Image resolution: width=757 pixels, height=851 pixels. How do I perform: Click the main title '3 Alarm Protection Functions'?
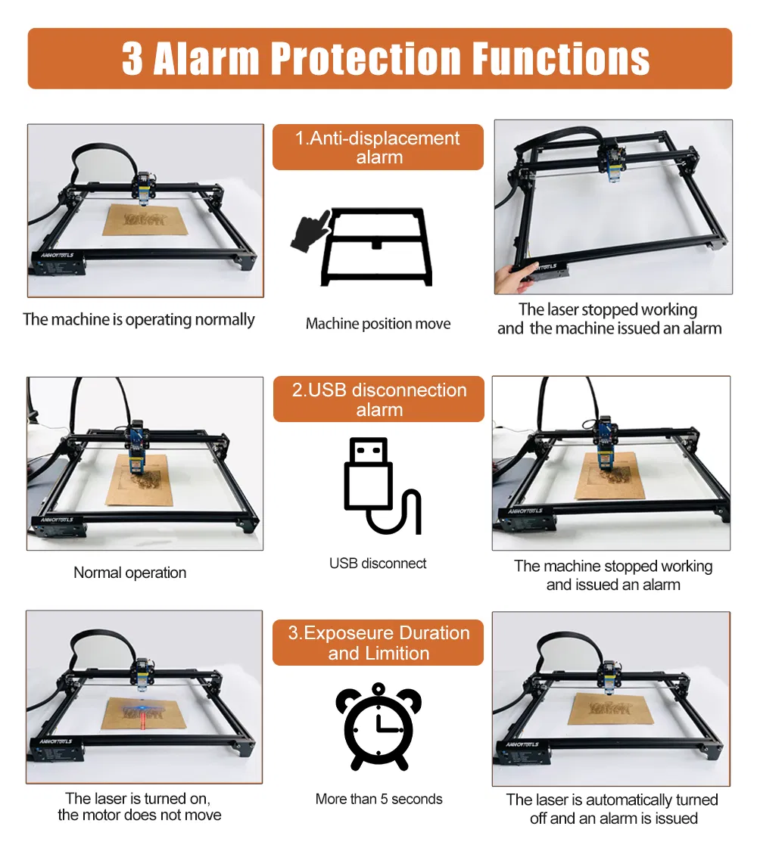click(x=385, y=58)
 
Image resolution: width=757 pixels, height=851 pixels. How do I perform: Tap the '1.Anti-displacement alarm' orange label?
click(x=378, y=147)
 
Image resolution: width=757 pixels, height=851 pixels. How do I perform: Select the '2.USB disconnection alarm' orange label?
click(x=378, y=399)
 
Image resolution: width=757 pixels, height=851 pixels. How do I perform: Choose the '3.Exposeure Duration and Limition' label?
click(x=378, y=642)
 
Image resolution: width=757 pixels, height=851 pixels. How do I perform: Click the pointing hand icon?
click(x=311, y=231)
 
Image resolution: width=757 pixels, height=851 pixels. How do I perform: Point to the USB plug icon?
click(x=382, y=486)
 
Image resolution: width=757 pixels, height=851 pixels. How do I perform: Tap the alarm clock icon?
click(x=378, y=727)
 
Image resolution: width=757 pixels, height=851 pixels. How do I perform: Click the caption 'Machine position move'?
click(x=378, y=324)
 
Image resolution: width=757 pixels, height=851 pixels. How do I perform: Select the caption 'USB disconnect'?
click(x=378, y=564)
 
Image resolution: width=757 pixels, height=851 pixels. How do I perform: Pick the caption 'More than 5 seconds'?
click(x=379, y=799)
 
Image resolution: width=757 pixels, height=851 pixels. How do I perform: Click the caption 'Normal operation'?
click(x=129, y=573)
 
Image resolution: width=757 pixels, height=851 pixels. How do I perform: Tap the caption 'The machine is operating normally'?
click(x=139, y=320)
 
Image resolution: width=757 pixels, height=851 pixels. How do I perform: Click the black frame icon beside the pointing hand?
click(x=377, y=247)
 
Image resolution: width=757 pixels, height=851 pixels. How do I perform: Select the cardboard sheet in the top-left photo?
click(x=145, y=219)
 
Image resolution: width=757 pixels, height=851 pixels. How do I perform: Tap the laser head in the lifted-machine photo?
click(x=612, y=158)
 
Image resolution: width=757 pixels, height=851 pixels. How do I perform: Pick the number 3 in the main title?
click(x=132, y=58)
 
